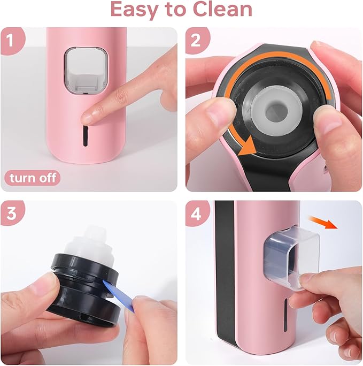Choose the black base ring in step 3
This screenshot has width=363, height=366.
80,297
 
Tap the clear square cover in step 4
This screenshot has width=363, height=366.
289,254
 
